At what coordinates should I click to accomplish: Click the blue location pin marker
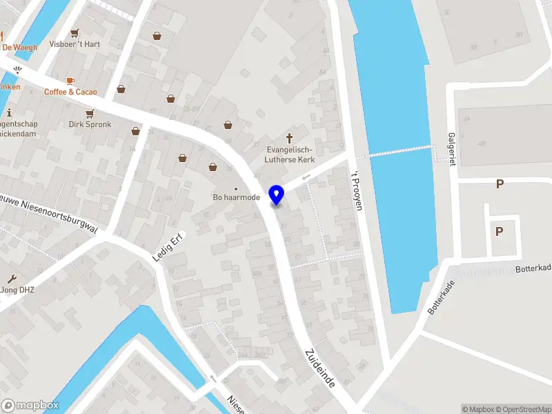tap(277, 195)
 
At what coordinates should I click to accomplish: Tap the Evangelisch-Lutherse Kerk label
tap(290, 155)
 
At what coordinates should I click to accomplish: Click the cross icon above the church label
tap(290, 138)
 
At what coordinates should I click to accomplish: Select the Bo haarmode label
tap(236, 197)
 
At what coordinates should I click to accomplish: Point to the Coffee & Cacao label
tap(70, 92)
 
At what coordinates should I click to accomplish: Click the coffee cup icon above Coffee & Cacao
tap(70, 81)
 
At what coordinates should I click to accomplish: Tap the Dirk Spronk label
tap(89, 125)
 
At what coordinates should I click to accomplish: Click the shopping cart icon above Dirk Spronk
tap(89, 114)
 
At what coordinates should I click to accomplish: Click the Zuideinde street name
tap(319, 366)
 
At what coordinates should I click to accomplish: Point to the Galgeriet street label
tap(452, 148)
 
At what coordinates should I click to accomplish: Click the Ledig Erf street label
tap(165, 249)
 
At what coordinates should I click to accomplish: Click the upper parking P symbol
tap(500, 184)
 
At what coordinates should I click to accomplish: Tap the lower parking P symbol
tap(498, 232)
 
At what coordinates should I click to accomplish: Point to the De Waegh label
tap(20, 48)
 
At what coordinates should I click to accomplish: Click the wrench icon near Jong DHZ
tap(12, 279)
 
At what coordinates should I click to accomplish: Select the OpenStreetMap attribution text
tap(522, 409)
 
